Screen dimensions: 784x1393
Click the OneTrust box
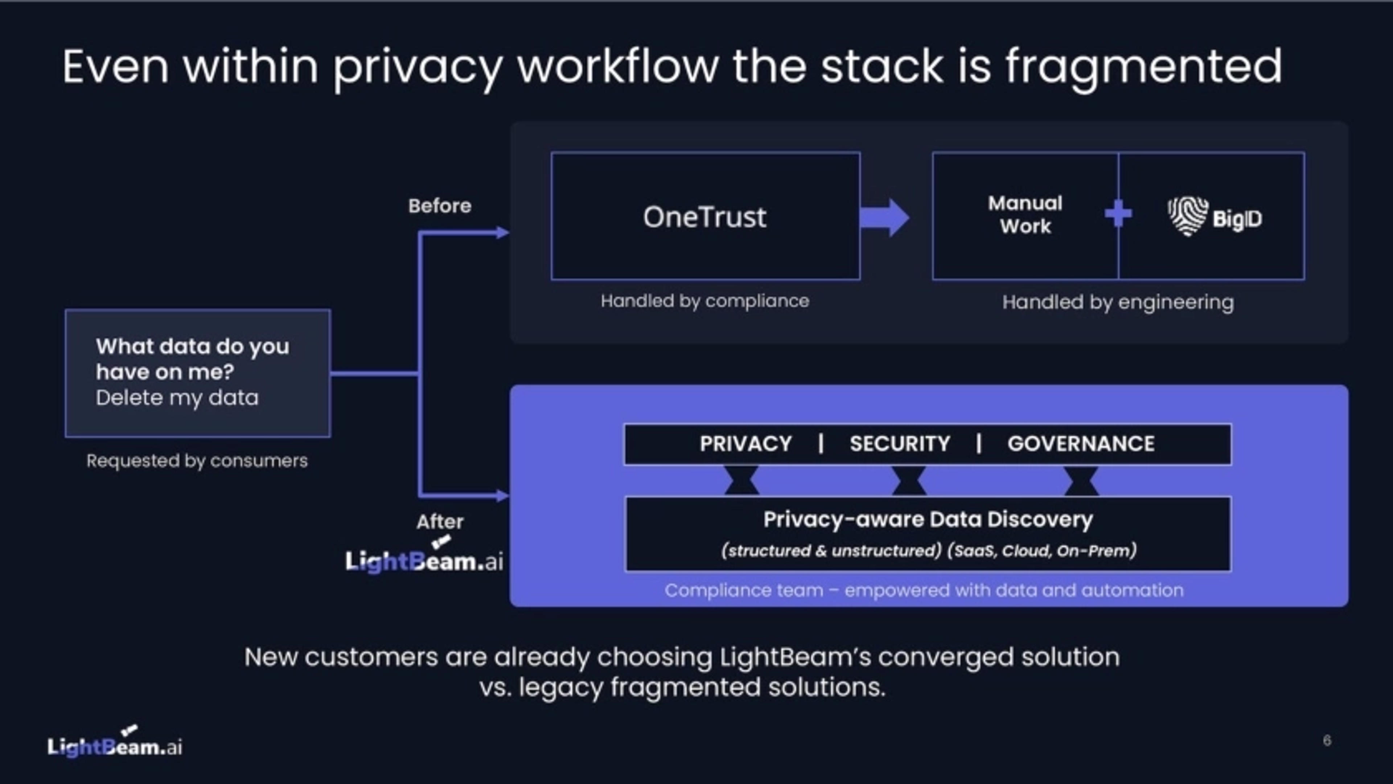pyautogui.click(x=705, y=216)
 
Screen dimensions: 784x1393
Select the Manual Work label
pyautogui.click(x=1025, y=215)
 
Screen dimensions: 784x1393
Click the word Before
pyautogui.click(x=440, y=206)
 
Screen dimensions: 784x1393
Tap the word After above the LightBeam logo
pyautogui.click(x=440, y=522)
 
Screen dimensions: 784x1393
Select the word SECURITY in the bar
pyautogui.click(x=900, y=444)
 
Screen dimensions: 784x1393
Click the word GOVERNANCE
pyautogui.click(x=1080, y=444)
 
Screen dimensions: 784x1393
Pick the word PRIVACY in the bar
pyautogui.click(x=746, y=444)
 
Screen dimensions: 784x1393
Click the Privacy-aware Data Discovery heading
pyautogui.click(x=928, y=520)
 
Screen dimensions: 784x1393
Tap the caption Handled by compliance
pyautogui.click(x=704, y=301)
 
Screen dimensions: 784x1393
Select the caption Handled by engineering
pyautogui.click(x=1118, y=302)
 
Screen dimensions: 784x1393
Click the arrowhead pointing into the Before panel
pyautogui.click(x=502, y=233)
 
